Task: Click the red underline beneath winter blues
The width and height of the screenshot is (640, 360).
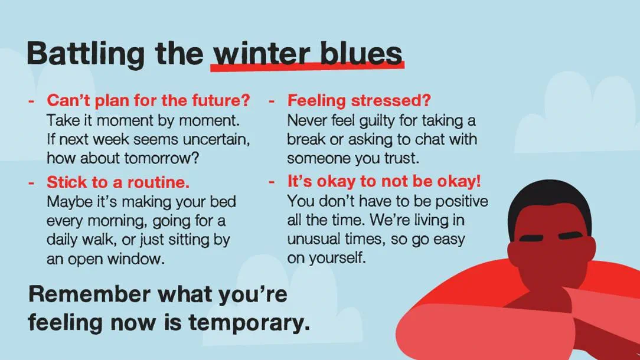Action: [308, 67]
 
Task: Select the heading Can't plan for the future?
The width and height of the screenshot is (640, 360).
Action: [148, 100]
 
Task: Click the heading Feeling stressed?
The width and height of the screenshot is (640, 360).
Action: [359, 100]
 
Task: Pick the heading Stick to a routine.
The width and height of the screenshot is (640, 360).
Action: [118, 182]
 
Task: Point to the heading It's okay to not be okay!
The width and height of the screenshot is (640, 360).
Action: [384, 181]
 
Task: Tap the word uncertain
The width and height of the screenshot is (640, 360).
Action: [216, 139]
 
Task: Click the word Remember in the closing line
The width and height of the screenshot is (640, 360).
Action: [89, 294]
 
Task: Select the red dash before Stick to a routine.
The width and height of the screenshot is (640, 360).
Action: [31, 183]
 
